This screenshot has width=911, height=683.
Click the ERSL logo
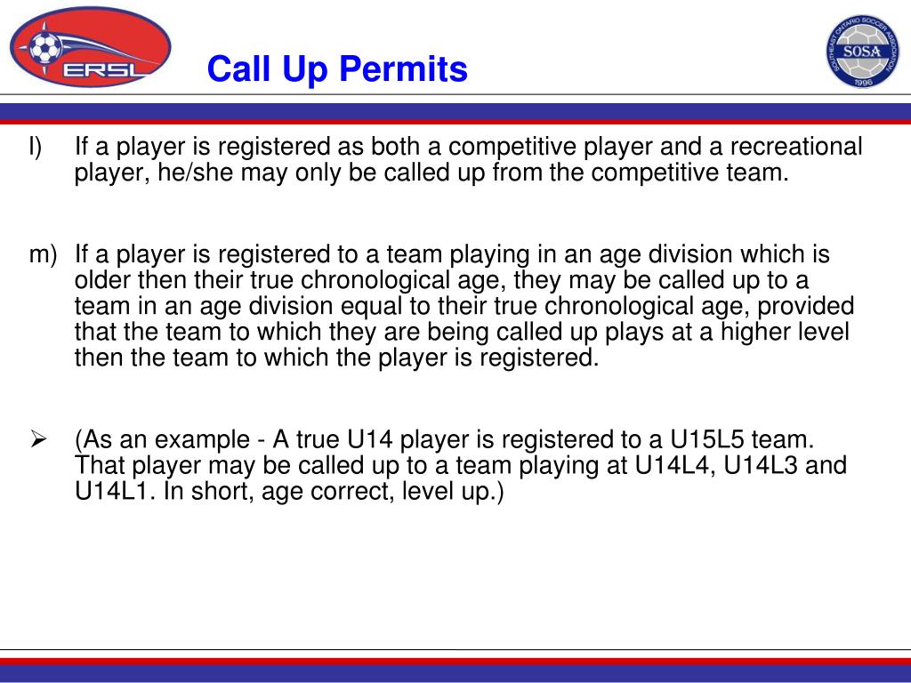91,47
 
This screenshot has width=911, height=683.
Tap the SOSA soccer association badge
863,51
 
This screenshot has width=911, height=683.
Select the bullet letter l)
35,147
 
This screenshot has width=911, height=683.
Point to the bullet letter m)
43,255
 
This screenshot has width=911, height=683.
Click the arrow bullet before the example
38,439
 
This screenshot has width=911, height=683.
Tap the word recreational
796,147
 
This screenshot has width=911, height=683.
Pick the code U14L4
674,465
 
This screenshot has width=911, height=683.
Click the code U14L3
761,465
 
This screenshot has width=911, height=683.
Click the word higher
754,333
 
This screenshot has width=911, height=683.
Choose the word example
202,440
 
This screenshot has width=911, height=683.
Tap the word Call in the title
240,69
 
